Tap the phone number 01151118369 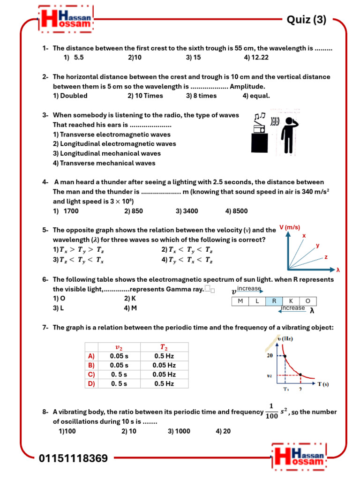(x=73, y=458)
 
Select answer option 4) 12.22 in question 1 (x=256, y=58)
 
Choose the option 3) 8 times (x=201, y=96)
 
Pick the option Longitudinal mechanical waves (x=106, y=153)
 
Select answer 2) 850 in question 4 (x=134, y=211)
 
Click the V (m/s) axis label (x=290, y=227)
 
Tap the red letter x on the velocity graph (x=304, y=236)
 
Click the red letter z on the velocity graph (x=326, y=257)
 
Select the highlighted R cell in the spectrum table (x=274, y=301)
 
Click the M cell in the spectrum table (x=240, y=301)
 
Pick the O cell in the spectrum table (x=307, y=301)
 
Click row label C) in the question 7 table (x=91, y=374)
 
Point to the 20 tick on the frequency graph (x=270, y=356)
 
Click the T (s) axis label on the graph (x=323, y=384)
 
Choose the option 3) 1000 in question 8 (x=179, y=431)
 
